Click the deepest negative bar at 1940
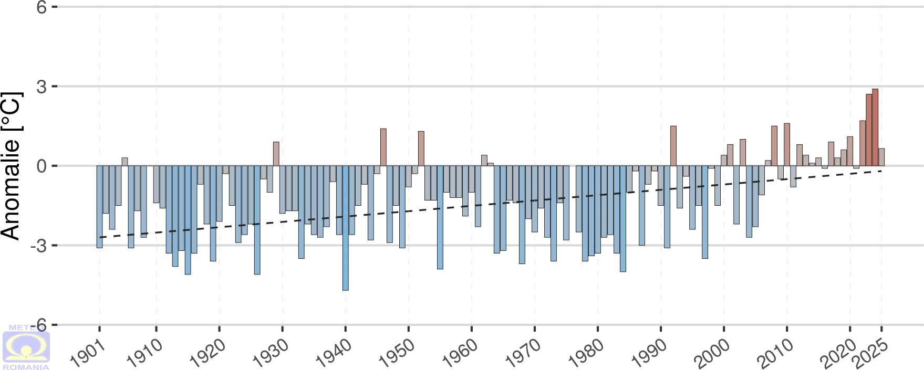[x=346, y=228]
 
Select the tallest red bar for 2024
[x=875, y=128]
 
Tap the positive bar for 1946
[x=383, y=147]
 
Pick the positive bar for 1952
[x=421, y=149]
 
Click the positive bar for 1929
[x=276, y=154]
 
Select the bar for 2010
[x=787, y=144]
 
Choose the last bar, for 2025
[x=881, y=157]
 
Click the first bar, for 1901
[x=100, y=207]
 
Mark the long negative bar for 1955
[x=440, y=217]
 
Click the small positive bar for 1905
[x=125, y=162]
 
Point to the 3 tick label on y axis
[x=41, y=87]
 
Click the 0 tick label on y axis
[x=41, y=166]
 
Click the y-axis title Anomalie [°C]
[x=12, y=166]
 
